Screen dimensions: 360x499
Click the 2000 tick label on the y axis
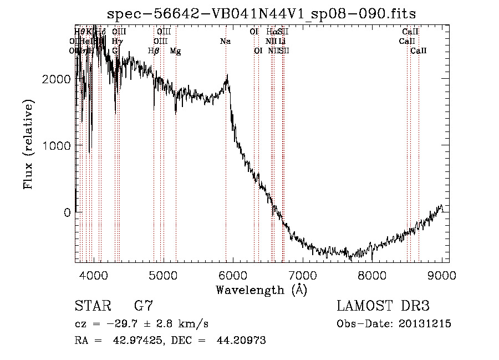pos(57,79)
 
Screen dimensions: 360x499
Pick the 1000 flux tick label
pos(57,146)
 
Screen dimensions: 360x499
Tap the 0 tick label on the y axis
pos(67,212)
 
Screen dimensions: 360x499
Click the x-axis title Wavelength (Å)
pos(261,290)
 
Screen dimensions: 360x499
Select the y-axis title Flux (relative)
pos(28,145)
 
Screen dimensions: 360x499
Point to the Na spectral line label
pos(225,42)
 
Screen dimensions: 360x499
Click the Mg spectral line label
pos(175,51)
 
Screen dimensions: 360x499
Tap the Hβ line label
pos(154,51)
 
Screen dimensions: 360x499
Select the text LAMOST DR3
pos(383,306)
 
